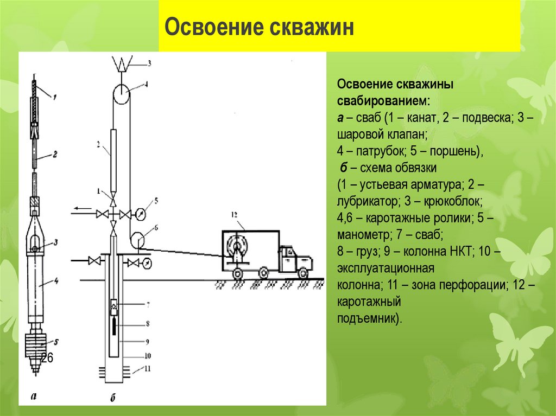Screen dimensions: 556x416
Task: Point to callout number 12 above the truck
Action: click(234, 215)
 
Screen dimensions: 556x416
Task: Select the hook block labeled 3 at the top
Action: click(122, 65)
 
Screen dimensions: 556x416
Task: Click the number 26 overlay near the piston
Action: click(47, 357)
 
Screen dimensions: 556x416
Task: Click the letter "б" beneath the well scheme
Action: click(113, 399)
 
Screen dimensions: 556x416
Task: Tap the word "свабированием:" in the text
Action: click(383, 102)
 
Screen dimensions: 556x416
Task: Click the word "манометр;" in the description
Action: click(362, 235)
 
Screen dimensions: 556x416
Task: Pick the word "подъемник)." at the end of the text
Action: click(370, 318)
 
